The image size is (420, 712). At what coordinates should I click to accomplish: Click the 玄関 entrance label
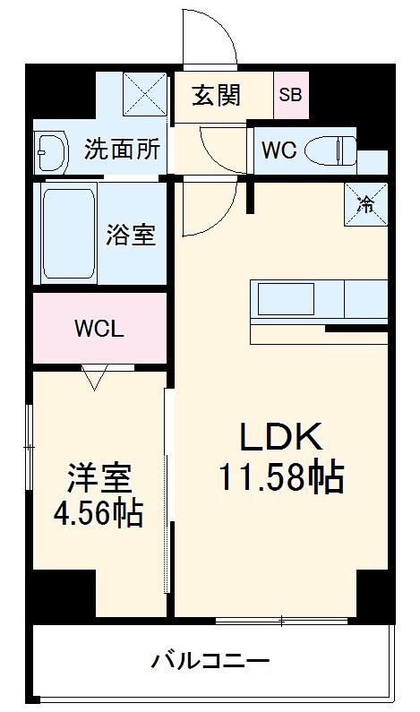pyautogui.click(x=217, y=95)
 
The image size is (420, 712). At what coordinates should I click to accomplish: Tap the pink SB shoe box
pyautogui.click(x=290, y=94)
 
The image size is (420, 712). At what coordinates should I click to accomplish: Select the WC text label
pyautogui.click(x=279, y=150)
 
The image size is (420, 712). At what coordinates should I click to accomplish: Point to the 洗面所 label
pyautogui.click(x=122, y=149)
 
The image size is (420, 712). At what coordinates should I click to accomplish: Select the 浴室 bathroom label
pyautogui.click(x=131, y=234)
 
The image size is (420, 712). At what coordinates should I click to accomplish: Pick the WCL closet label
pyautogui.click(x=99, y=327)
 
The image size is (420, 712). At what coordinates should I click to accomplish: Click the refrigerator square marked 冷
pyautogui.click(x=365, y=203)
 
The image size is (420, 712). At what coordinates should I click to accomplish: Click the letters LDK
pyautogui.click(x=279, y=436)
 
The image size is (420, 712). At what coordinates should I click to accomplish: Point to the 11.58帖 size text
pyautogui.click(x=281, y=478)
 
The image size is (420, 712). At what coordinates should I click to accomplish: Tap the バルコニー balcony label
pyautogui.click(x=210, y=664)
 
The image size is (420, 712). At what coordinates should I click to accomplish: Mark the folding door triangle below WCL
pyautogui.click(x=95, y=378)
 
